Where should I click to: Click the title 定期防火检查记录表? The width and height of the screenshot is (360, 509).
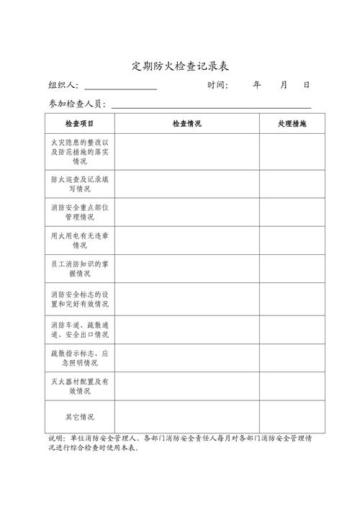click(180, 66)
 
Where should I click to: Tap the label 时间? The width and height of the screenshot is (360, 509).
click(217, 85)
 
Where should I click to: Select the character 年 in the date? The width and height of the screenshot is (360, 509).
click(256, 85)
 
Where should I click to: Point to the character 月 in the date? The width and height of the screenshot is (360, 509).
click(284, 85)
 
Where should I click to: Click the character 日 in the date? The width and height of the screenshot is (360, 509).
click(307, 85)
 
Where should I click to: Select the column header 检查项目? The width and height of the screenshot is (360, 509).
click(79, 124)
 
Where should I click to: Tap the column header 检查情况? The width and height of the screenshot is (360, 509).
click(186, 124)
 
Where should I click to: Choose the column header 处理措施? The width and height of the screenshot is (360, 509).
click(292, 124)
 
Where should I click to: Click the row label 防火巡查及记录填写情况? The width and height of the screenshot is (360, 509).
click(79, 184)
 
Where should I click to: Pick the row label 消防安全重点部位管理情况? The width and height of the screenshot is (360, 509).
click(79, 212)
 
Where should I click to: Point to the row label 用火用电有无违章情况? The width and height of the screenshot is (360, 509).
click(79, 240)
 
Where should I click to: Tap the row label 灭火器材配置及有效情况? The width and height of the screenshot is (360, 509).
click(79, 386)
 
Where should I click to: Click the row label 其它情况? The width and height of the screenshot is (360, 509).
click(79, 417)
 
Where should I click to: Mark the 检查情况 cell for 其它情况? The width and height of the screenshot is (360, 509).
click(186, 417)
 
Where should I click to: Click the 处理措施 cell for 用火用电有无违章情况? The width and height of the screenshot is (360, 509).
click(292, 240)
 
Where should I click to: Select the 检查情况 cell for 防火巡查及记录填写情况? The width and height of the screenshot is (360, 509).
click(186, 184)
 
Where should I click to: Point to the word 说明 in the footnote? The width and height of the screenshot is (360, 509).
click(56, 438)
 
